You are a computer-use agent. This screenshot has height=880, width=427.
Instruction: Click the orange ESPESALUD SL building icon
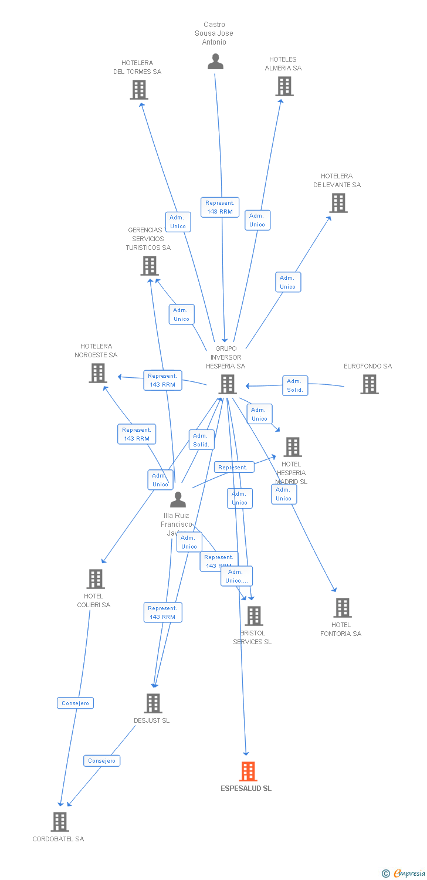248,771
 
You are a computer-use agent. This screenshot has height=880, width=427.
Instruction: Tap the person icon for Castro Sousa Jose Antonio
215,62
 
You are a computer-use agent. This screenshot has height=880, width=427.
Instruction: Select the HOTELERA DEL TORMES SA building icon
139,90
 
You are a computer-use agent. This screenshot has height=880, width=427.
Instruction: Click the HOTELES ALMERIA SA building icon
284,86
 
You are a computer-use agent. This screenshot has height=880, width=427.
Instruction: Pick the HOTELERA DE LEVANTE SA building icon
338,203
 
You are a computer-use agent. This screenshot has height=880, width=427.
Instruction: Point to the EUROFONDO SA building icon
369,384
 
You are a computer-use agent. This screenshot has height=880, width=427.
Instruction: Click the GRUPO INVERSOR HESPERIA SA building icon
227,384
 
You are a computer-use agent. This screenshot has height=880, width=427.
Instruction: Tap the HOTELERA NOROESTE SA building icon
98,373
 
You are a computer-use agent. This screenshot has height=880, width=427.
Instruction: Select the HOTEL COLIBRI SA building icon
95,579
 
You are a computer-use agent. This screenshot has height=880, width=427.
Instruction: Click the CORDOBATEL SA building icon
60,822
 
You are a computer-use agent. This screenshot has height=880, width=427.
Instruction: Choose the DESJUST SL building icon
152,703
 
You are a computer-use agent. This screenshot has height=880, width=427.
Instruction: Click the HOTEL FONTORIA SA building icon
342,608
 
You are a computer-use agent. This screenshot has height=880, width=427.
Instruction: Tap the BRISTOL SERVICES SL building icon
254,616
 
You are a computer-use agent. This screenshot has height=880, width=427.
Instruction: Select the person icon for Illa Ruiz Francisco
178,500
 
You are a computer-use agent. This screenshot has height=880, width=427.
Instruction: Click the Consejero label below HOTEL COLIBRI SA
75,703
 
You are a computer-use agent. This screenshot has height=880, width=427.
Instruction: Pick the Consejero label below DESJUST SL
101,760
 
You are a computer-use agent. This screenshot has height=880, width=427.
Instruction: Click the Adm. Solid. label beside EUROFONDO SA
295,385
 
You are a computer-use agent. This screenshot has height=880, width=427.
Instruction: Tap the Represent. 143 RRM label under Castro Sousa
220,207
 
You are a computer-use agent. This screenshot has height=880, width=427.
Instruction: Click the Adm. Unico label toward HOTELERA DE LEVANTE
288,282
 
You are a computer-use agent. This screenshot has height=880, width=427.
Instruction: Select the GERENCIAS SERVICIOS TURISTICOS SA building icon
150,266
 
